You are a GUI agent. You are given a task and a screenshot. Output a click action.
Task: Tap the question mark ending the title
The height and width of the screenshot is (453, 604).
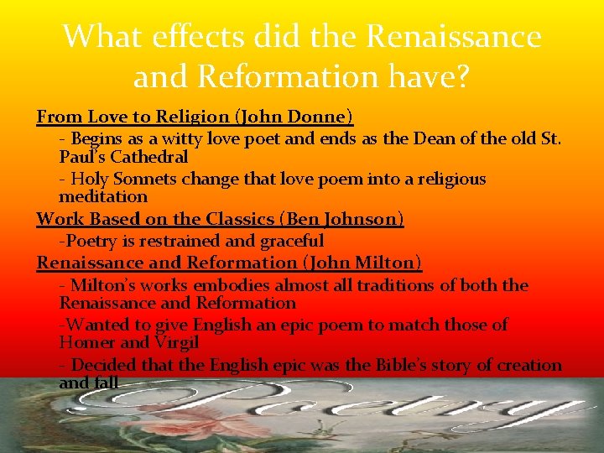click(x=461, y=77)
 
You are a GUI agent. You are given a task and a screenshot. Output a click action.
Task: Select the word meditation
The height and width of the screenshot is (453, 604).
click(x=103, y=197)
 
